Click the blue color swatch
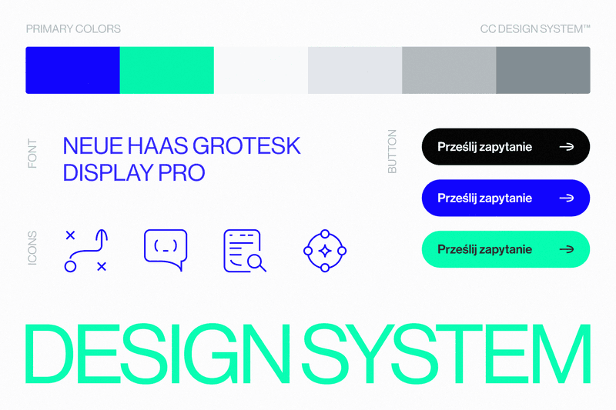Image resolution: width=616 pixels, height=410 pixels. click(x=72, y=70)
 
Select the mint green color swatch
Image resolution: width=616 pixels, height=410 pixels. click(x=166, y=70)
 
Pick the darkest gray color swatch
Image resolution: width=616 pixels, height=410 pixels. click(x=543, y=70)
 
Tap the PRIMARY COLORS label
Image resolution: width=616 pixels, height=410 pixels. click(x=73, y=29)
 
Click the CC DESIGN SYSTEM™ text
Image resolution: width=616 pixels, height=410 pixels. click(x=535, y=29)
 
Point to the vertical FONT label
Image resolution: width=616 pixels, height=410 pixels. click(x=32, y=153)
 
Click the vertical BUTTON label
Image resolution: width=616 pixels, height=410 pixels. click(x=393, y=151)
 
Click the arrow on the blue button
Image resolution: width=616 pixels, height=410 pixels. click(x=567, y=198)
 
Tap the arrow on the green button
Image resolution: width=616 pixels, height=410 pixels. click(x=567, y=249)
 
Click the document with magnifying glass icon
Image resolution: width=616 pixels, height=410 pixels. click(x=244, y=251)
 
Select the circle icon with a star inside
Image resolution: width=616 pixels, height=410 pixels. click(x=325, y=250)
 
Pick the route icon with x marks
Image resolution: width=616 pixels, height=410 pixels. click(x=85, y=250)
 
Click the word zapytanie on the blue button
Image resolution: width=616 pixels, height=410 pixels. click(x=505, y=198)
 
